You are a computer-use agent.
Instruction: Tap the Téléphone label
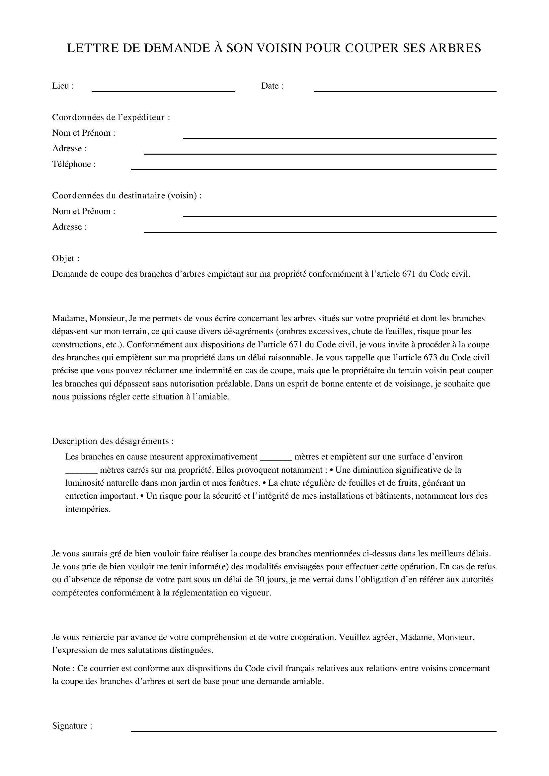74,164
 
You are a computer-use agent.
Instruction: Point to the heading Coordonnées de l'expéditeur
111,117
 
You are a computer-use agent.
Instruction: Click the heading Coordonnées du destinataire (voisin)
126,196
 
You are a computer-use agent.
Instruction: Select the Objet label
66,258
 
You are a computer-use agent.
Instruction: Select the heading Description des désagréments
113,441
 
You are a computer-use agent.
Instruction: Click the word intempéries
88,509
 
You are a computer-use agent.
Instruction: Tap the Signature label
72,726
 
